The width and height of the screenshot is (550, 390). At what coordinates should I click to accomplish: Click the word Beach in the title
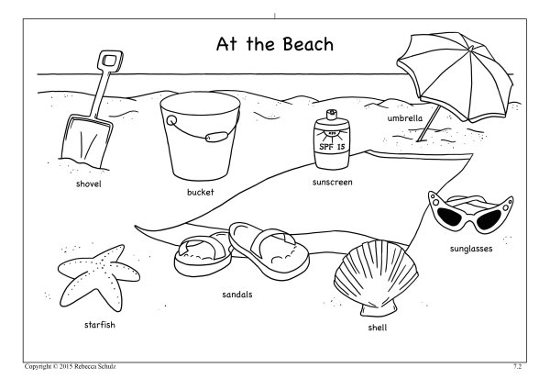click(308, 44)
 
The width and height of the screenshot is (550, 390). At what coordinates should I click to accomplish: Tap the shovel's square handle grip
click(110, 61)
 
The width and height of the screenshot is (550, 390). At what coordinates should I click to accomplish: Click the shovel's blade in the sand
click(87, 141)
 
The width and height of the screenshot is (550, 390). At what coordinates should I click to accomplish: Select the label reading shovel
click(88, 184)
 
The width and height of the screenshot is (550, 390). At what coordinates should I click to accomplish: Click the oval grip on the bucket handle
click(216, 137)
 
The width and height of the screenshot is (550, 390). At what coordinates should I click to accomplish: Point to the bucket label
click(200, 192)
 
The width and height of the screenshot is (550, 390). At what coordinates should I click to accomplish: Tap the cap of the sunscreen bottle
click(332, 115)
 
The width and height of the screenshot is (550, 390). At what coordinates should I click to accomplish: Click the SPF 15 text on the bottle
click(332, 147)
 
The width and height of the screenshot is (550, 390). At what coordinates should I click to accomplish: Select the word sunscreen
click(332, 182)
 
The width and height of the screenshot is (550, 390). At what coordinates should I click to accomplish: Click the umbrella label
click(405, 118)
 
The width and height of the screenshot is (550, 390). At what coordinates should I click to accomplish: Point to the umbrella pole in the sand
click(428, 124)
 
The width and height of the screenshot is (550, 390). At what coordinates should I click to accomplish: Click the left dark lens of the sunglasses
click(450, 217)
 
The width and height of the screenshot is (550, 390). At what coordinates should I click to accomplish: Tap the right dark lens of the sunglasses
click(489, 219)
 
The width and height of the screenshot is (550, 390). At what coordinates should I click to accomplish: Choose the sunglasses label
click(471, 249)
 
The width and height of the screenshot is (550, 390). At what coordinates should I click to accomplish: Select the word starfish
click(100, 325)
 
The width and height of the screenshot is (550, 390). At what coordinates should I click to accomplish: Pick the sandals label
click(237, 295)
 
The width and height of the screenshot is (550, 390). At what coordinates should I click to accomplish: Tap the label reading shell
click(378, 328)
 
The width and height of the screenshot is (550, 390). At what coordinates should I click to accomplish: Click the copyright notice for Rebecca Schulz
click(71, 366)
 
